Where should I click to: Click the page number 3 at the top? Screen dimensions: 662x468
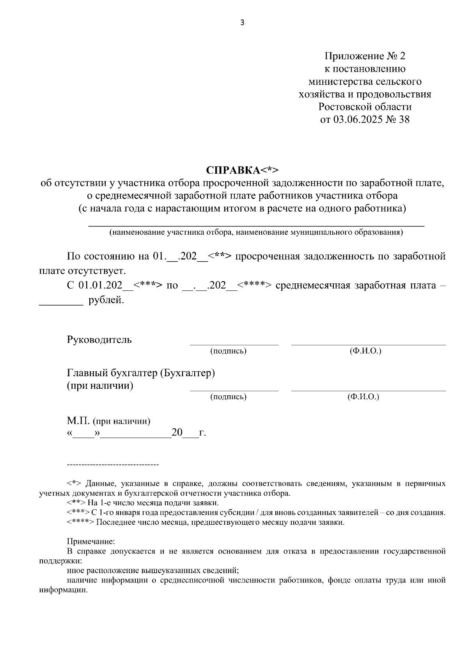(x=242, y=23)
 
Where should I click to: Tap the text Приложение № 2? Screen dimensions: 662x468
(x=365, y=56)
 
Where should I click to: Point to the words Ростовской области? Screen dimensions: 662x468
(x=365, y=107)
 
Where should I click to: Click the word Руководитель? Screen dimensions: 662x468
(x=99, y=340)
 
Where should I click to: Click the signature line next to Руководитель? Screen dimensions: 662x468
(x=234, y=344)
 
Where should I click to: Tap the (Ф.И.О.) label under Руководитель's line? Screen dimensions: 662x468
(x=365, y=351)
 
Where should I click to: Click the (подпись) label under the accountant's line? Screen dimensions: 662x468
(x=228, y=397)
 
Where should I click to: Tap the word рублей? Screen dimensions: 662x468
(x=106, y=301)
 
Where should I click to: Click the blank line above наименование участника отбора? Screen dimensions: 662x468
(x=256, y=225)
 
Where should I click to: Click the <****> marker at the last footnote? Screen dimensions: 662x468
(x=80, y=523)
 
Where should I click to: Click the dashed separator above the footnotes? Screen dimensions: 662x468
(x=113, y=465)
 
